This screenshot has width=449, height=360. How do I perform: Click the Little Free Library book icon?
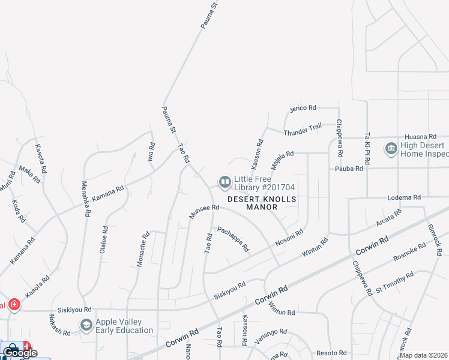click(225, 181)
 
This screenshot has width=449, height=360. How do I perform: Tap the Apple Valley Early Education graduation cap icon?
click(86, 325)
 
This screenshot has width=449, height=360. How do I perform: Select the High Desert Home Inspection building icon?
click(391, 148)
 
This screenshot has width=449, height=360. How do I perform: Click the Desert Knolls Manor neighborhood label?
click(262, 203)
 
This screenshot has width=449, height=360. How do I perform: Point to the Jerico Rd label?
click(303, 108)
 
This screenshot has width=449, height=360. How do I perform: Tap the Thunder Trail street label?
click(303, 128)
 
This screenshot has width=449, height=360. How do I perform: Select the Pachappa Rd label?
click(233, 238)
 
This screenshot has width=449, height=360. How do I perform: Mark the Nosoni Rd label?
click(289, 237)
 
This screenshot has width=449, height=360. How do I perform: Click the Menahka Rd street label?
click(85, 199)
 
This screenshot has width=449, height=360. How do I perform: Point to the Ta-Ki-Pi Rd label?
click(365, 148)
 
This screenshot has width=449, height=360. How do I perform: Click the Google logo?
click(20, 353)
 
